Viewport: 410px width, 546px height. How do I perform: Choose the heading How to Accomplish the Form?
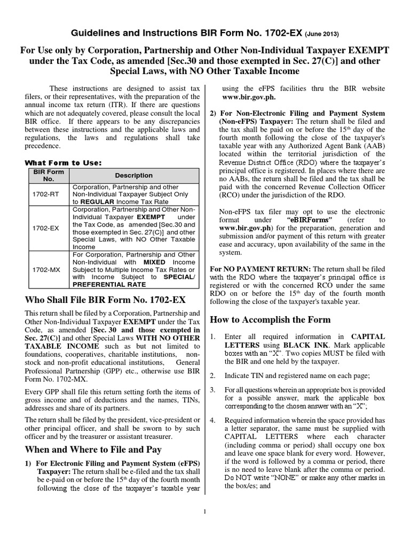click(x=270, y=320)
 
